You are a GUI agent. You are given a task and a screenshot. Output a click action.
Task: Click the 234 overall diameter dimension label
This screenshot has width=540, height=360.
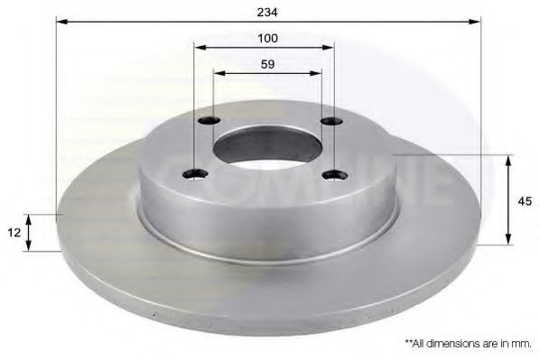click(x=267, y=12)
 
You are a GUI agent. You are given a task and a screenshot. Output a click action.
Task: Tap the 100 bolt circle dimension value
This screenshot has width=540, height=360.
click(x=267, y=38)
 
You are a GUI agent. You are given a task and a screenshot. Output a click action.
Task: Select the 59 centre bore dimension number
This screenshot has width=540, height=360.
click(x=267, y=64)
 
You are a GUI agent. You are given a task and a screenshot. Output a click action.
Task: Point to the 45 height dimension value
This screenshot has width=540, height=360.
click(x=525, y=201)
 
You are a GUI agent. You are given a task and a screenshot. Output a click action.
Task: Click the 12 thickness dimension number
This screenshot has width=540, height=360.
click(x=14, y=233)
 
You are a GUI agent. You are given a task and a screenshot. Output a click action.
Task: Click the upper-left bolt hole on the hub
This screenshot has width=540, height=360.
click(x=209, y=121)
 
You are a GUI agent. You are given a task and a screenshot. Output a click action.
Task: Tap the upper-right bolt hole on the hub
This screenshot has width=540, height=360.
click(x=331, y=121)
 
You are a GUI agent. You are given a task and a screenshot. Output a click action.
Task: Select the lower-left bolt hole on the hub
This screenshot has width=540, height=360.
click(x=195, y=174)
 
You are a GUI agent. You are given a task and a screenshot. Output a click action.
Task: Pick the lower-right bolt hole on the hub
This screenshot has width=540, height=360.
click(x=335, y=175)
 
